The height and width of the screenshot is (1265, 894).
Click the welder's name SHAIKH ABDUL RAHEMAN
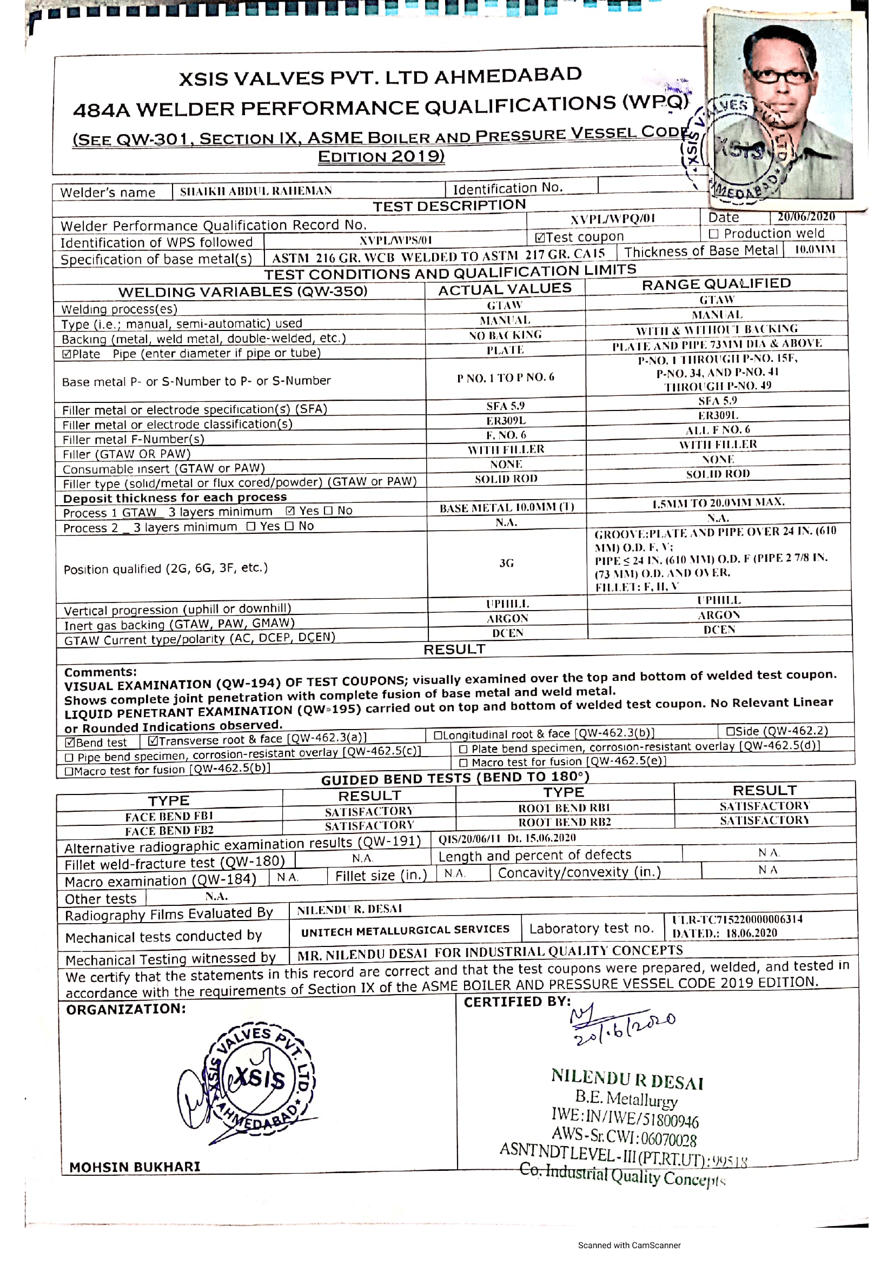256,191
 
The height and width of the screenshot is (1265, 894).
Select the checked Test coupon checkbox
540,238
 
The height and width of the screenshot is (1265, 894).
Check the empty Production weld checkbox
714,234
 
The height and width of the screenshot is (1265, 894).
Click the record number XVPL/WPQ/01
613,218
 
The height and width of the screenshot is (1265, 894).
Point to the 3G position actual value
506,563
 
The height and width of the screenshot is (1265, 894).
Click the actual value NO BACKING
505,335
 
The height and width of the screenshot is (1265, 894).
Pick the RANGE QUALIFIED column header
716,284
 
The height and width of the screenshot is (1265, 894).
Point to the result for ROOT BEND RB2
764,820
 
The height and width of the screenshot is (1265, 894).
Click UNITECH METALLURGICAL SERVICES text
405,930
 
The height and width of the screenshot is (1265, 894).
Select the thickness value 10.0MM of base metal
814,249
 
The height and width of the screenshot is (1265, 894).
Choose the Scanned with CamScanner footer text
629,1245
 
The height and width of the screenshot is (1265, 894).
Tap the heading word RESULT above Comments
454,650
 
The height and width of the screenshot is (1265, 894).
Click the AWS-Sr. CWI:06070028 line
624,1137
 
